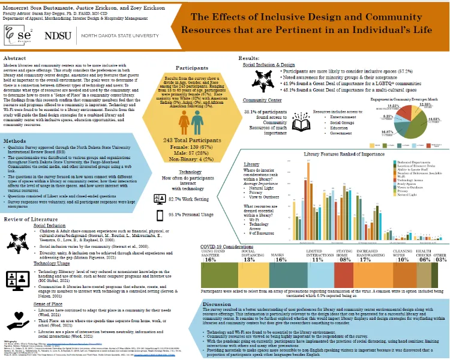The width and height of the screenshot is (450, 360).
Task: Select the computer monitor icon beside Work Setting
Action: (161, 197)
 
